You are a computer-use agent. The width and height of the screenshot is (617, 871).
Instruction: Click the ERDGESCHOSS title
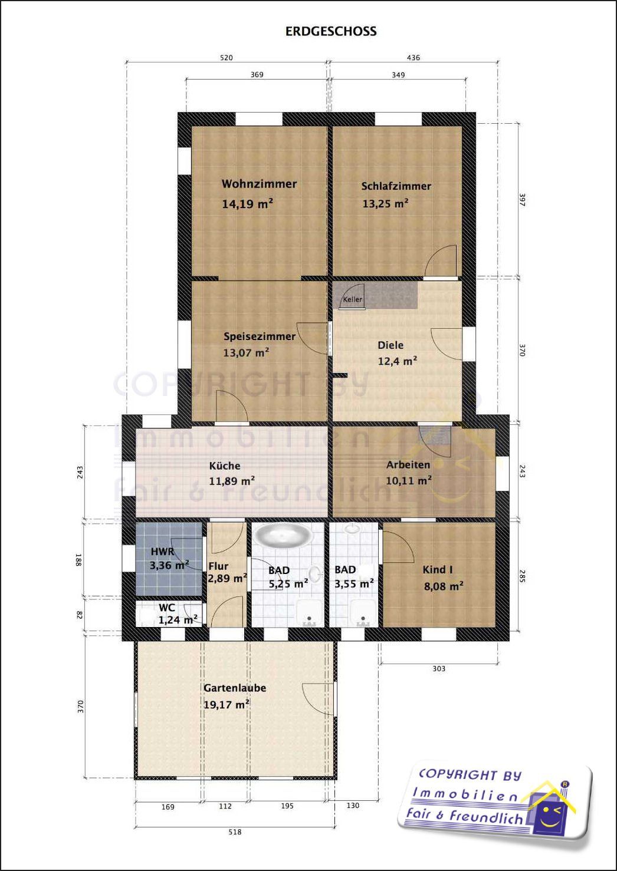click(x=331, y=31)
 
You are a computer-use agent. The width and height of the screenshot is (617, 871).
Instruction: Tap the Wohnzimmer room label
click(x=260, y=184)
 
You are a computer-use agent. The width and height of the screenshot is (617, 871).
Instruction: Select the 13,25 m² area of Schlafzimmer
click(x=385, y=203)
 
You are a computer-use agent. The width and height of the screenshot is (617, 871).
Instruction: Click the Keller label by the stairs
click(x=353, y=299)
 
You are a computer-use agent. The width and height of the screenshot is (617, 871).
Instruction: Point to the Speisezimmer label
click(x=260, y=336)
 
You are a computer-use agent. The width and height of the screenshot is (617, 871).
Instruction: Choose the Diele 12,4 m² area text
click(x=398, y=361)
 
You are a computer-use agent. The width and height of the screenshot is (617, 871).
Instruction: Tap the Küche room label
click(x=225, y=466)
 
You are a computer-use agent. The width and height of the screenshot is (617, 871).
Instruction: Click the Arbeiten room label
click(x=408, y=464)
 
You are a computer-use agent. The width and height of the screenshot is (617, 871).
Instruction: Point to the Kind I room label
click(x=438, y=570)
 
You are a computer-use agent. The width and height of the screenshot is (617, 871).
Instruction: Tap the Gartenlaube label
click(x=235, y=688)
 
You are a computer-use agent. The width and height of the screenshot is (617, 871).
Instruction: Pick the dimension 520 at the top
click(x=226, y=58)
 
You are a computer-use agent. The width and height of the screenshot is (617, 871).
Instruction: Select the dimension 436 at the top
click(x=413, y=58)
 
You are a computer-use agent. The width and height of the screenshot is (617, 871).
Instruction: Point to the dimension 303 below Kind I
click(x=439, y=669)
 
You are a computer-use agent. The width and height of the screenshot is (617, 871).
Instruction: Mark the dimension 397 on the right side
click(x=523, y=200)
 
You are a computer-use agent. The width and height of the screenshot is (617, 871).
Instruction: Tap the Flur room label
click(x=218, y=566)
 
